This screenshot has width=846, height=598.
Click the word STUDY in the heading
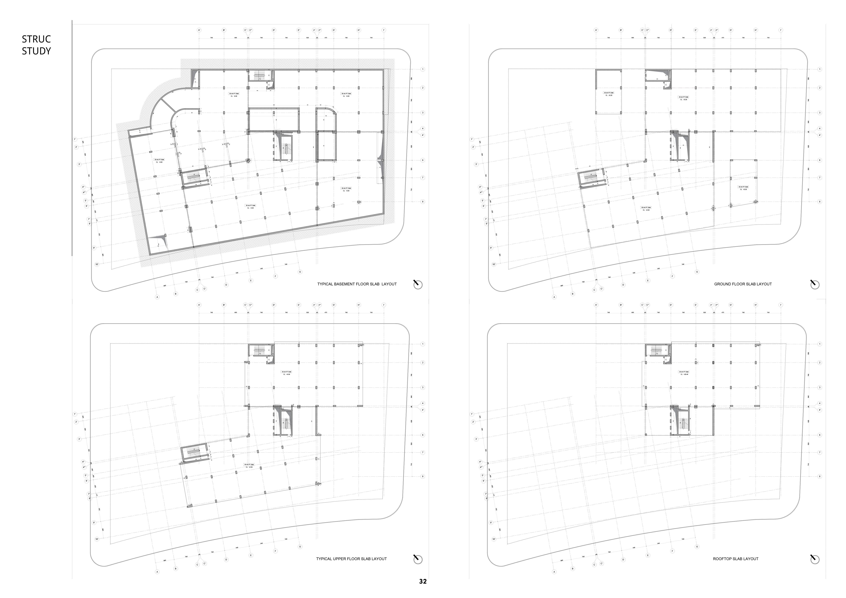pyautogui.click(x=36, y=51)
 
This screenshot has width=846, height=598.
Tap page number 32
pyautogui.click(x=423, y=581)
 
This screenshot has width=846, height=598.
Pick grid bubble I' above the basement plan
pyautogui.click(x=384, y=30)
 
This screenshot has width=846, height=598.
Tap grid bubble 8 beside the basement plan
pyautogui.click(x=423, y=202)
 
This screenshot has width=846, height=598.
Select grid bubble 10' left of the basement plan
pyautogui.click(x=97, y=264)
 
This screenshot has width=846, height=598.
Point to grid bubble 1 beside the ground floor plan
pyautogui.click(x=819, y=69)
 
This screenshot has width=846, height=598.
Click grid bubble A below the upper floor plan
pyautogui.click(x=157, y=572)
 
